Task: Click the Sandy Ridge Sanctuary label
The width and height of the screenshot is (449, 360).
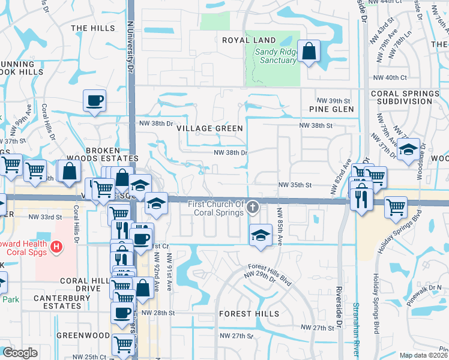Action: click(276, 56)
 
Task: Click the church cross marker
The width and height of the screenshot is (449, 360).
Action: click(253, 208)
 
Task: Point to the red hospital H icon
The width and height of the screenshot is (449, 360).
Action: click(56, 246)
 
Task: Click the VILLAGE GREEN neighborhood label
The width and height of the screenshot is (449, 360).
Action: click(209, 128)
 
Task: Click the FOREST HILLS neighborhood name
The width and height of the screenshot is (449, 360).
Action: click(249, 314)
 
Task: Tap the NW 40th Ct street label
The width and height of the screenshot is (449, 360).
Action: click(391, 77)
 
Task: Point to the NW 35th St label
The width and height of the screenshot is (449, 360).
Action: click(295, 186)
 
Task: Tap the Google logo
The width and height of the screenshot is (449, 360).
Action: click(20, 353)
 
